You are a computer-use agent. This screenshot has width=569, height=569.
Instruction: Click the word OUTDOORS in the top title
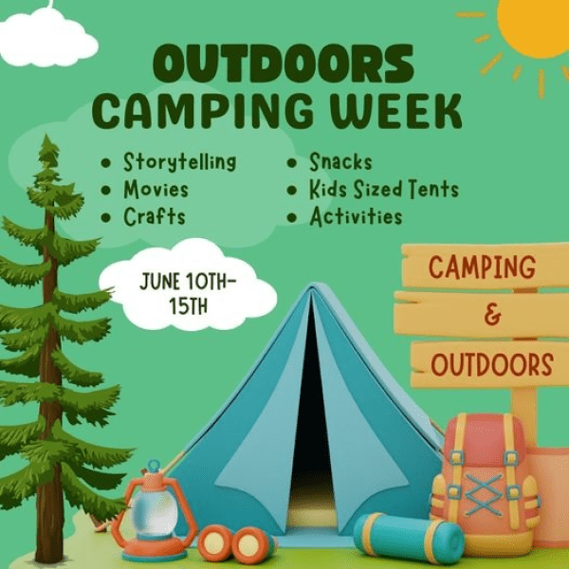tap(284, 64)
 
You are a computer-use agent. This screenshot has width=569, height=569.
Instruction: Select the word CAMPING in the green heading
tap(205, 111)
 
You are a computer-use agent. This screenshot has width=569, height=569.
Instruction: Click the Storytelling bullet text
tap(179, 162)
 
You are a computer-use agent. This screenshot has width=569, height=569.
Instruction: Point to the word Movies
tap(156, 189)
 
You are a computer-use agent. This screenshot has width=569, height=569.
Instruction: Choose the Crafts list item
tap(155, 216)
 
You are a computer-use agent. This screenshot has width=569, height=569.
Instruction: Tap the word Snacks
tap(340, 162)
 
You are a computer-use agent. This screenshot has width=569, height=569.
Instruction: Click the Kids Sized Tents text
tap(384, 189)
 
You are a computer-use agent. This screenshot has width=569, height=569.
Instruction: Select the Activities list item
tap(356, 216)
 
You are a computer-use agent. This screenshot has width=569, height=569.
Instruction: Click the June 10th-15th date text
tap(188, 294)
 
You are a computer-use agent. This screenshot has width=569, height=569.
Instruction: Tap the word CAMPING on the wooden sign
tap(482, 266)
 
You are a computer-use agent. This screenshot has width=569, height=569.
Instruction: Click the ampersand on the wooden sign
tap(492, 316)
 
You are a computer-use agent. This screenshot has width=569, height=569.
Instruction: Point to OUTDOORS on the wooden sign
tap(492, 364)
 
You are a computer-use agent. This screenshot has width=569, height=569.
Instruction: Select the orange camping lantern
tap(154, 512)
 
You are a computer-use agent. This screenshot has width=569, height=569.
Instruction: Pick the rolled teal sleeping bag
tap(409, 538)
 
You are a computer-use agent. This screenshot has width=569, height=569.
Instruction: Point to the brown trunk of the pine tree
tap(50, 381)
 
